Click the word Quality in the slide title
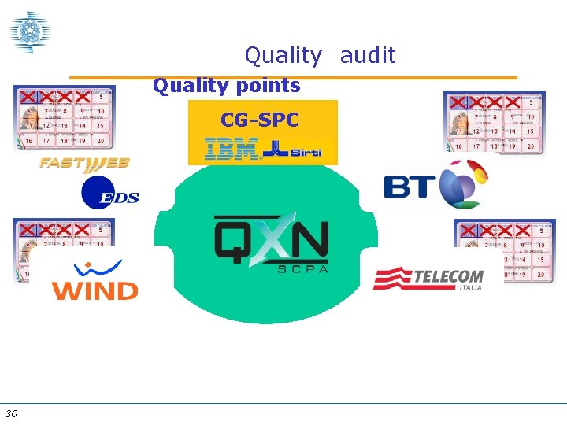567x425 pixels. pos(283,56)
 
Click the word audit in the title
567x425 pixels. pos(368,55)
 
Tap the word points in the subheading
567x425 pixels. pos(264,86)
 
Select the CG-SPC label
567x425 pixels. pos(260,120)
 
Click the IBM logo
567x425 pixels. pos(231,148)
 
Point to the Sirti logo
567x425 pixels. pos(292,149)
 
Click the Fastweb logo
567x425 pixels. pos(84,164)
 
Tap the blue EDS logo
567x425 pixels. pos(109,194)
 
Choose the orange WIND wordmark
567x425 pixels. pos(94,290)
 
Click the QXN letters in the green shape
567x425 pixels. pos(272,238)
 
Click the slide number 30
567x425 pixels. pos(11,414)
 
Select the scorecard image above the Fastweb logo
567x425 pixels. pos(64,117)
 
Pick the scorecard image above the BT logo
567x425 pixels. pos(494,122)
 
